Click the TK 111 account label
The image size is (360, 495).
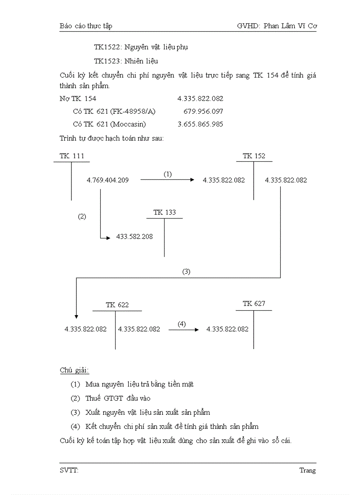[71, 156]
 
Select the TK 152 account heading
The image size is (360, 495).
[254, 156]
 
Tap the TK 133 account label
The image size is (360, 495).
[165, 212]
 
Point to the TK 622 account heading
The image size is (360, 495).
[117, 305]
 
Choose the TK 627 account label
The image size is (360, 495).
[254, 304]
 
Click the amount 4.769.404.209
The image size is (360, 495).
[108, 180]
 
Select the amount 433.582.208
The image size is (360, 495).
[135, 237]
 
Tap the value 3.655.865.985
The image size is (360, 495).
[200, 124]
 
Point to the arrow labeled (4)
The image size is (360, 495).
[184, 329]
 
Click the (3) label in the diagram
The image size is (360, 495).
[186, 272]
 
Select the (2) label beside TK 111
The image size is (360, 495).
[82, 216]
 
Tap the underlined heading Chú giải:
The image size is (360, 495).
[74, 370]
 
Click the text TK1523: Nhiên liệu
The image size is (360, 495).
[126, 61]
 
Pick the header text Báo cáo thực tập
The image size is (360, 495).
[86, 26]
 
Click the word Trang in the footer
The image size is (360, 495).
[307, 470]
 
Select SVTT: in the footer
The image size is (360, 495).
[69, 470]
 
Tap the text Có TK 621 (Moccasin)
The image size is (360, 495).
[109, 124]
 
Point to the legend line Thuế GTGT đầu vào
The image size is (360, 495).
[118, 398]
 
